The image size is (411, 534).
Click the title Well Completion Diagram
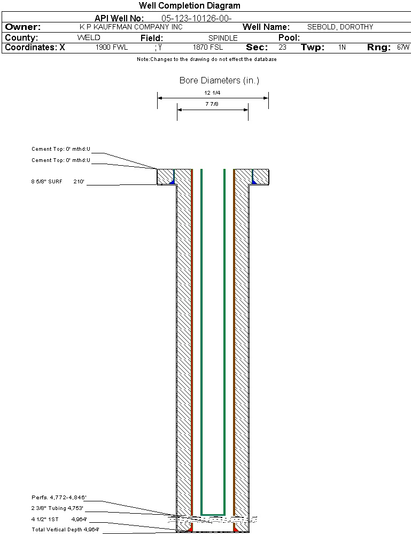189,6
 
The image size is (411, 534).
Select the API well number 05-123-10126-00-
197,18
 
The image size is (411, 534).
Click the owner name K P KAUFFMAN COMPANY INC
131,27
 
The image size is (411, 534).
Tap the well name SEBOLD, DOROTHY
340,27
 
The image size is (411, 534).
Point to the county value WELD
89,37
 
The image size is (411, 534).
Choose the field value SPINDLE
223,38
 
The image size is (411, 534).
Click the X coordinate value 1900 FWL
112,47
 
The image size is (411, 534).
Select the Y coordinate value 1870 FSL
208,47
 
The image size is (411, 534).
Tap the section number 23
282,47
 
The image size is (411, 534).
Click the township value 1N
342,47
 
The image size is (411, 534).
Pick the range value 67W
403,47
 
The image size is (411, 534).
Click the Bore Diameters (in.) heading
219,80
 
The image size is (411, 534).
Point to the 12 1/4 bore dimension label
212,92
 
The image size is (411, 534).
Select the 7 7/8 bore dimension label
212,104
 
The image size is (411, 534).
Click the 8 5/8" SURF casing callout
46,182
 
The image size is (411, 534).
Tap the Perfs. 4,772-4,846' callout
59,498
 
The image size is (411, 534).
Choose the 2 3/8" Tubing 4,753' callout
57,508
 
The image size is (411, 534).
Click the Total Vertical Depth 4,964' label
65,530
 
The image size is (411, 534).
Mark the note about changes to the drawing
207,59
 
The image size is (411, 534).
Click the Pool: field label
289,37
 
